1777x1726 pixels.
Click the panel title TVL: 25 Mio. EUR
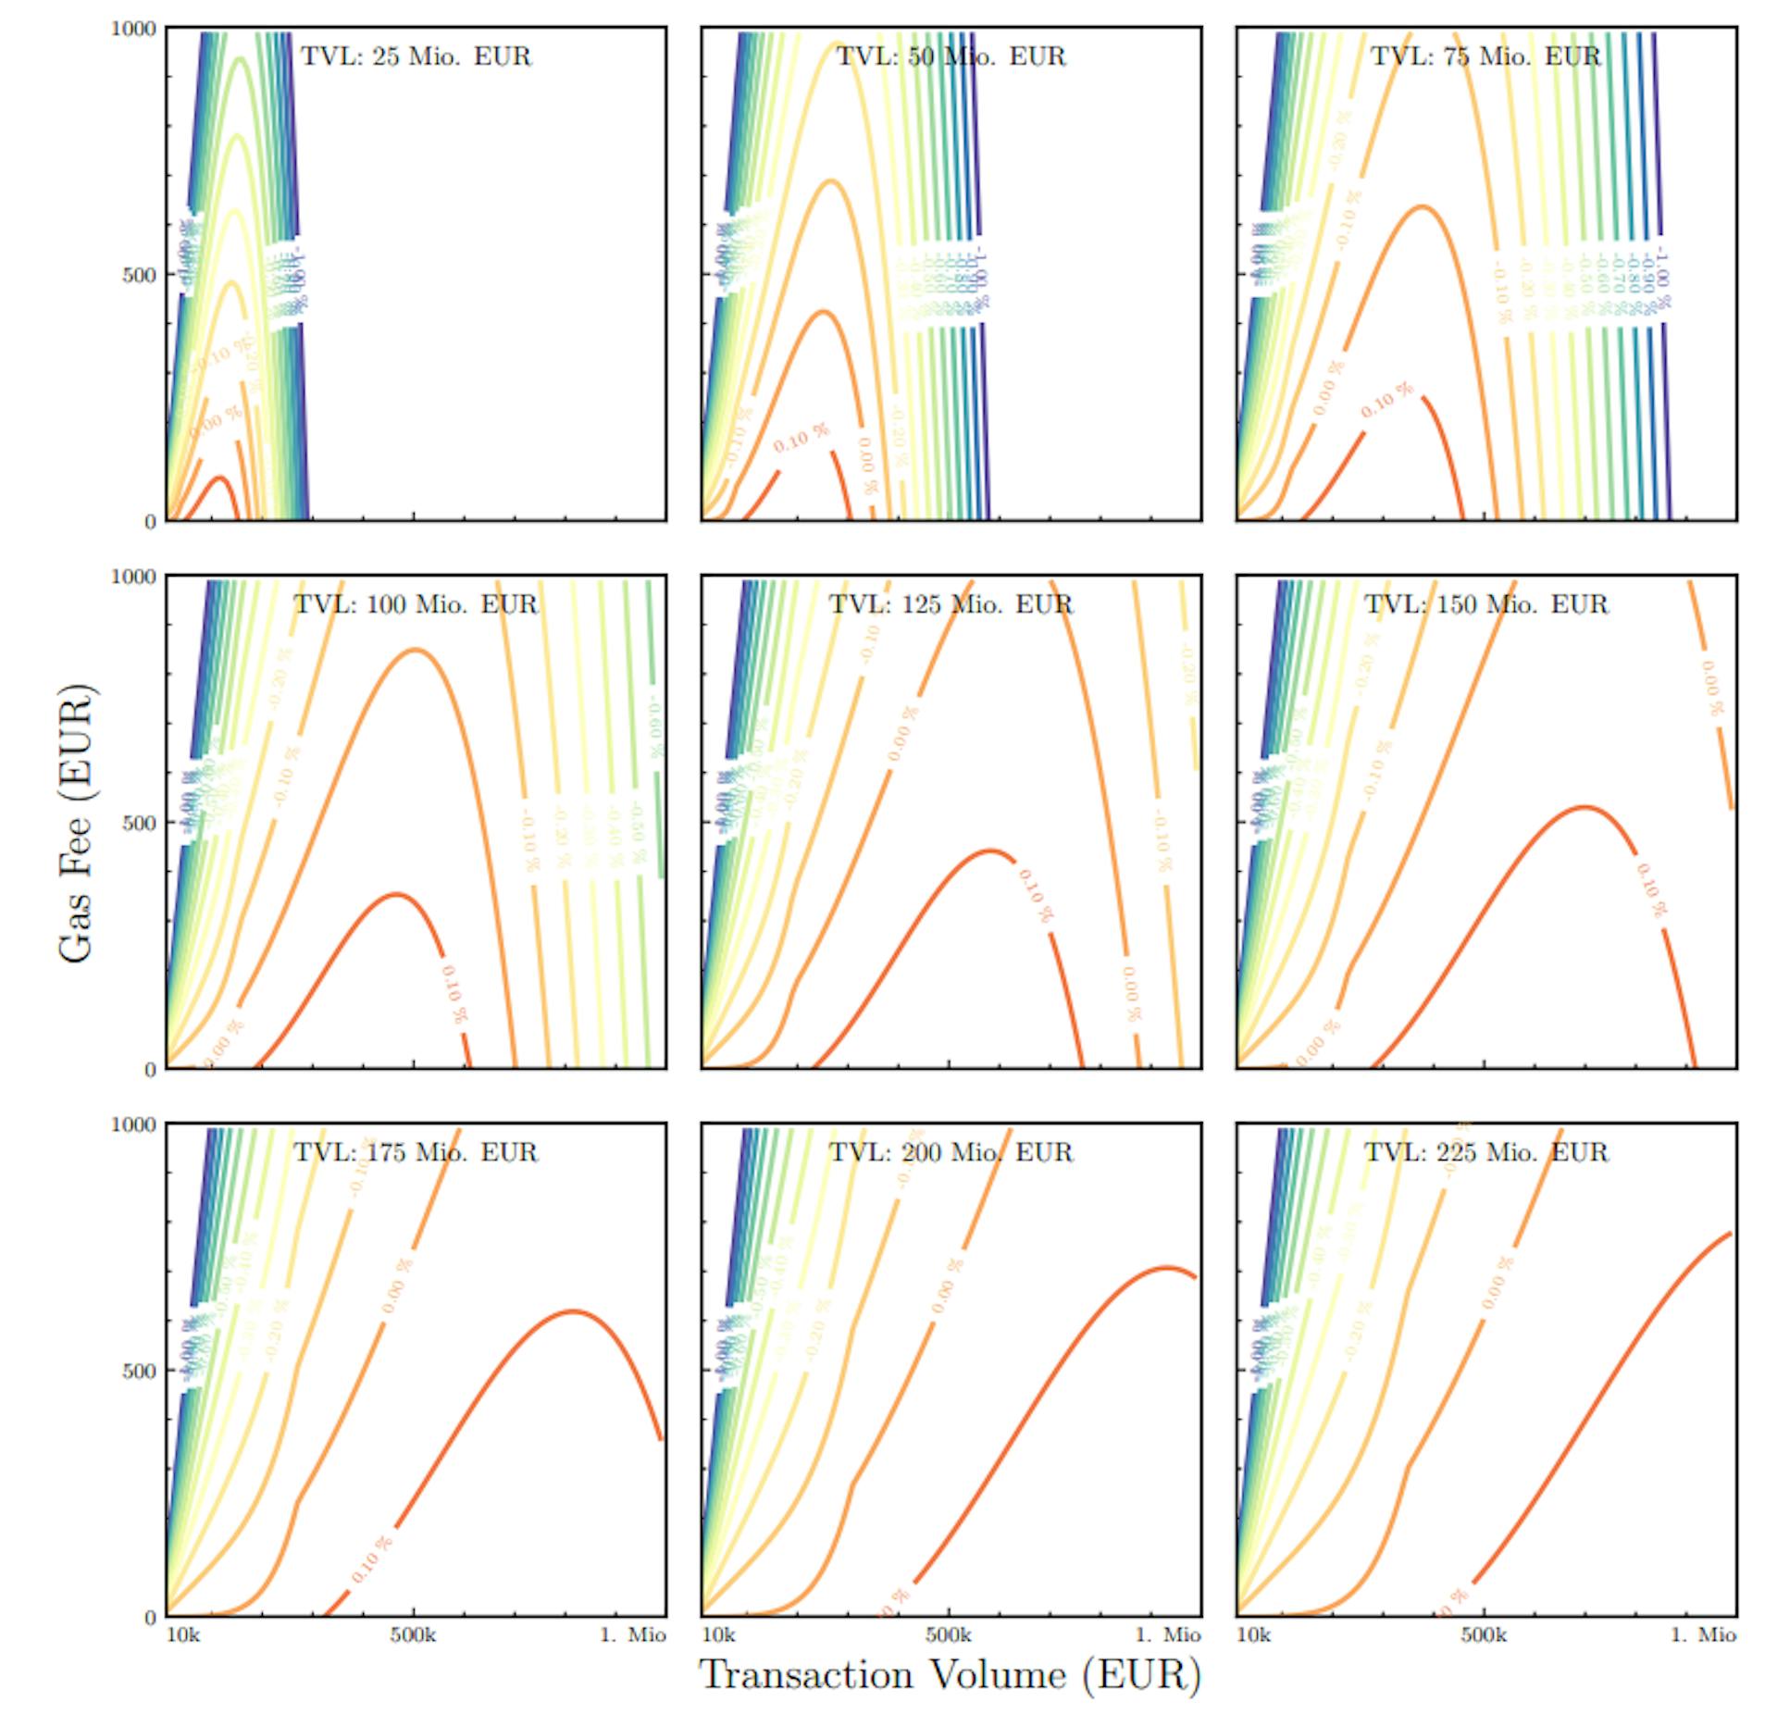click(416, 56)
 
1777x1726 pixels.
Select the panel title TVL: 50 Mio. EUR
click(951, 56)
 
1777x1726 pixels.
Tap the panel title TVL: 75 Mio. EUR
click(1485, 56)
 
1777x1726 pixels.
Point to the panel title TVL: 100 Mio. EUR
click(416, 604)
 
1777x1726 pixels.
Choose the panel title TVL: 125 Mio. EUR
click(951, 604)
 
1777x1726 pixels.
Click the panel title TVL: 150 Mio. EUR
click(1485, 604)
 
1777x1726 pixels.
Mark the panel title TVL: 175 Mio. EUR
click(416, 1152)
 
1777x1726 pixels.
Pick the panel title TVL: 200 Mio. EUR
click(951, 1152)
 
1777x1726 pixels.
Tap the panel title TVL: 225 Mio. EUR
click(1485, 1152)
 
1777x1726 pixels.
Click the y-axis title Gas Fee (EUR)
click(76, 823)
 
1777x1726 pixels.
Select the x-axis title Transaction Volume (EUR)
click(950, 1675)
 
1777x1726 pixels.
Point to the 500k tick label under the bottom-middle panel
click(949, 1635)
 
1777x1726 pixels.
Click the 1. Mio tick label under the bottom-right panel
click(1703, 1635)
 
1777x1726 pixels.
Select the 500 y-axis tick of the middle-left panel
click(139, 823)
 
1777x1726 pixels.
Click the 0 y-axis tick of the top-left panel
click(150, 522)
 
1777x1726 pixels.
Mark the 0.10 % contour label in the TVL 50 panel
click(802, 438)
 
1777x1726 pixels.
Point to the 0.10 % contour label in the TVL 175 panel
click(372, 1558)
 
